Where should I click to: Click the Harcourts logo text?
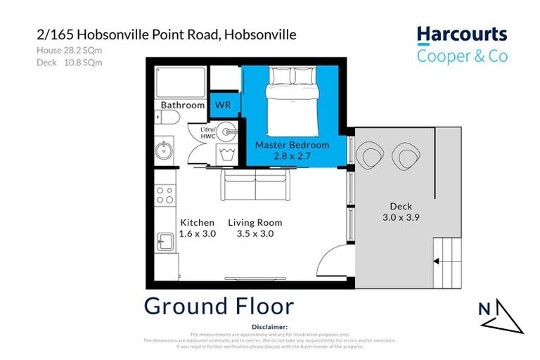coord(461,34)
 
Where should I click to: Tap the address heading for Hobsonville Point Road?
coord(166,34)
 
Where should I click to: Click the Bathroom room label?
coord(183,105)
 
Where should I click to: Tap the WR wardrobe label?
coord(223,105)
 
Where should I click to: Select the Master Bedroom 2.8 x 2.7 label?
coord(292,150)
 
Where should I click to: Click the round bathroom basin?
coord(165,149)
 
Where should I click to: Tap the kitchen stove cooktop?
coord(165,195)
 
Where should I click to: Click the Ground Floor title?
coord(219,306)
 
